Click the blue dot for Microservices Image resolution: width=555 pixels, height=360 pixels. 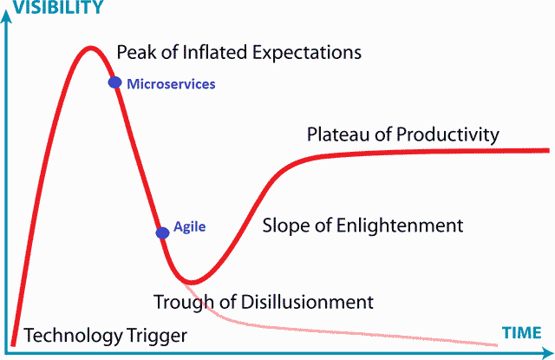tap(114, 82)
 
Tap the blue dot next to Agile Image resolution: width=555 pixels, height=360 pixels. tap(162, 233)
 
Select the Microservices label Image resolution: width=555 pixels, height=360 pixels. tap(171, 84)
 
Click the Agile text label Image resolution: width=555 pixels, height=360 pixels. tap(189, 227)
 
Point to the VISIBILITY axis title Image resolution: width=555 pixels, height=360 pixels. tap(58, 7)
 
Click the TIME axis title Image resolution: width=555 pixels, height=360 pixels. tap(522, 333)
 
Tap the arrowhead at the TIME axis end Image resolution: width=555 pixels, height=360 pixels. tap(548, 352)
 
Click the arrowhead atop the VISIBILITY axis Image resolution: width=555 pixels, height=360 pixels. tap(6, 16)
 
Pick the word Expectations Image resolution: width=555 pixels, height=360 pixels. tap(307, 53)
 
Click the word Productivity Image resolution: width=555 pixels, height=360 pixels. tap(447, 135)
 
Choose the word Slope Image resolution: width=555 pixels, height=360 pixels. tap(286, 226)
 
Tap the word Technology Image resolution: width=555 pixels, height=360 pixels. tap(73, 336)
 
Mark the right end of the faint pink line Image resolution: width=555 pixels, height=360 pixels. tap(497, 345)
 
